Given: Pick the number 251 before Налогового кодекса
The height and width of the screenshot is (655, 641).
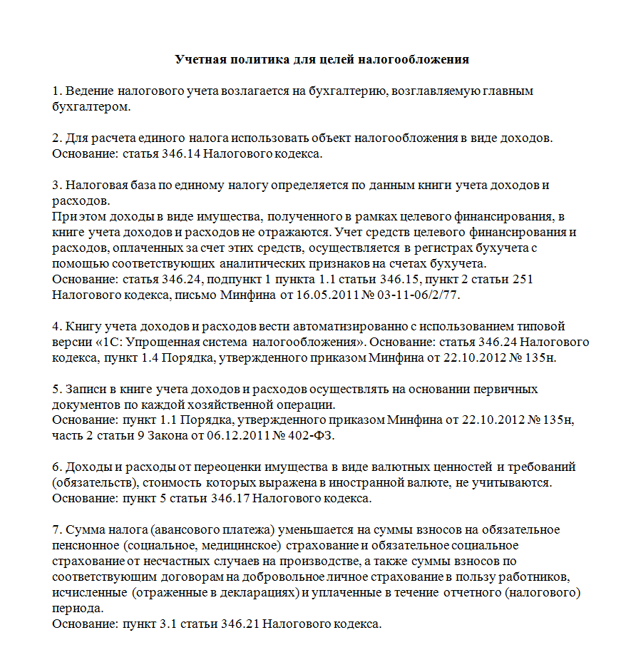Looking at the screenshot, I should pyautogui.click(x=519, y=278).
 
